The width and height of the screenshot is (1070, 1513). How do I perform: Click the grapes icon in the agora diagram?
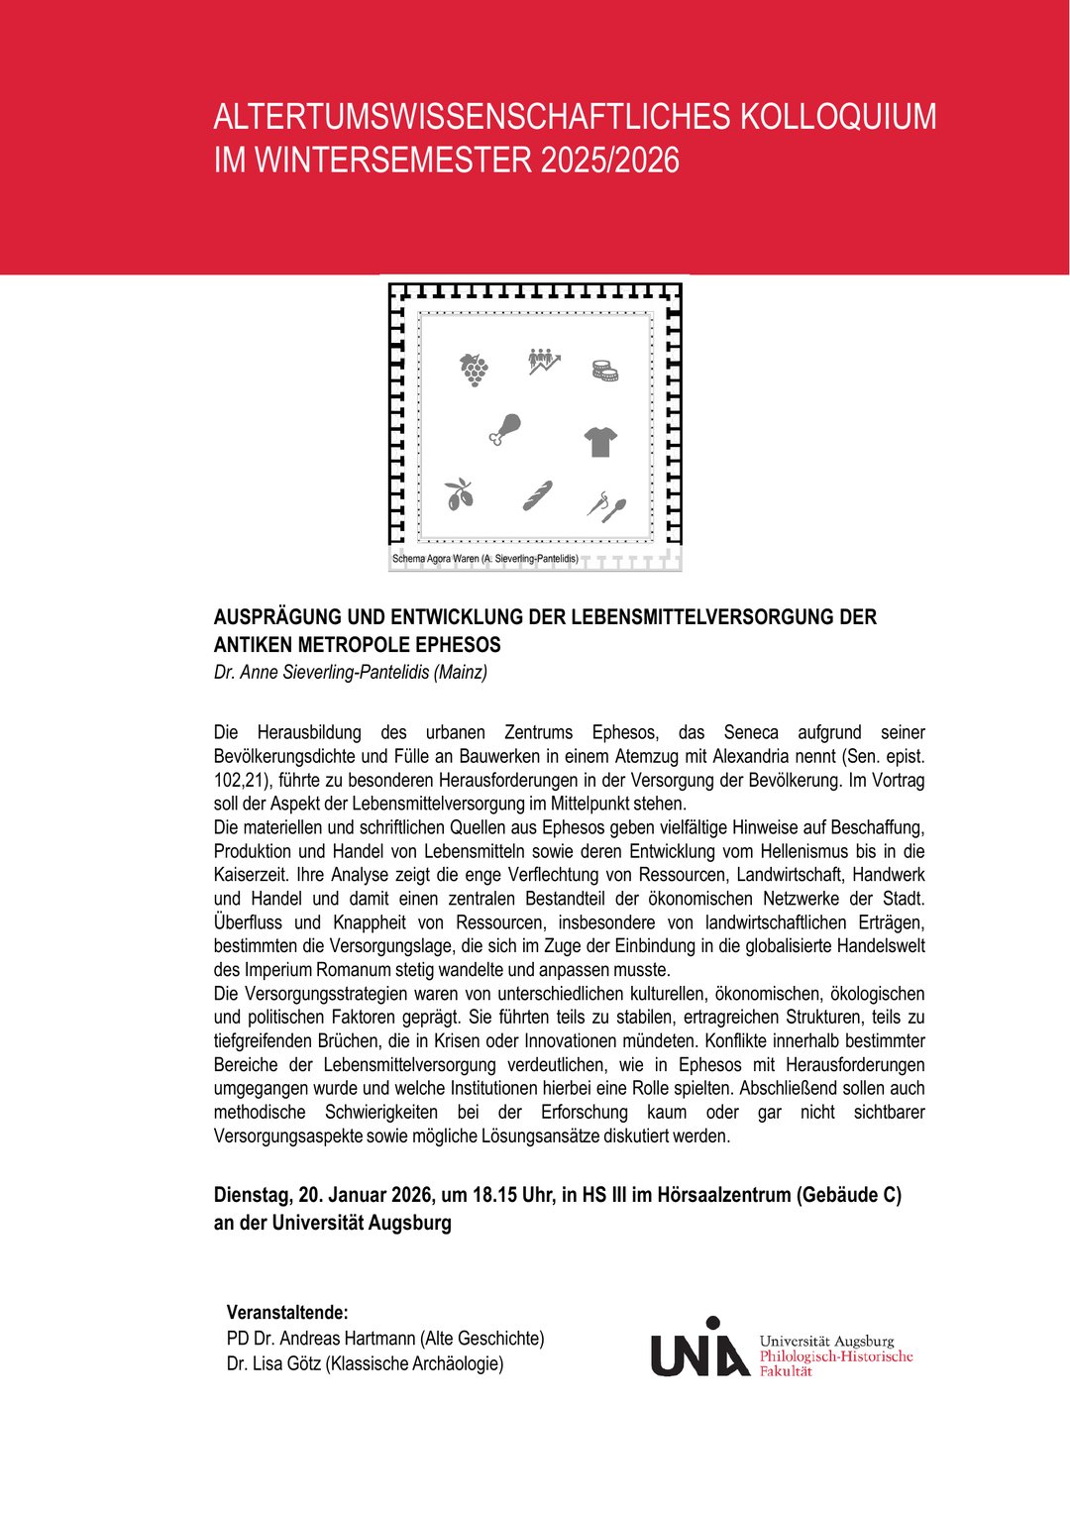(474, 369)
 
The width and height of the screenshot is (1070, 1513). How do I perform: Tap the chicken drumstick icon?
(504, 429)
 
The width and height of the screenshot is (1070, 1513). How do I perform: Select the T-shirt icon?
(600, 441)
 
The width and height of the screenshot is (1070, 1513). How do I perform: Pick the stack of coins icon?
(604, 371)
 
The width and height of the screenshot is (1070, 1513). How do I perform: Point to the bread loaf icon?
(537, 495)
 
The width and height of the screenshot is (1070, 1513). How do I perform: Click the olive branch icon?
(459, 493)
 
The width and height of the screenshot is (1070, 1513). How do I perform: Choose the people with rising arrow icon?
(544, 361)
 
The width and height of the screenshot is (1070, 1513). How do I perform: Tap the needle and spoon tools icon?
(605, 506)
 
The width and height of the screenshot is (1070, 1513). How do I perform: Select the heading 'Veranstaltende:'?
(287, 1313)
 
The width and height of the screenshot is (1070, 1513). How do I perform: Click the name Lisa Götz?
(286, 1364)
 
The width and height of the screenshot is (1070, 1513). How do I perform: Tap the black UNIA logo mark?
(698, 1349)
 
